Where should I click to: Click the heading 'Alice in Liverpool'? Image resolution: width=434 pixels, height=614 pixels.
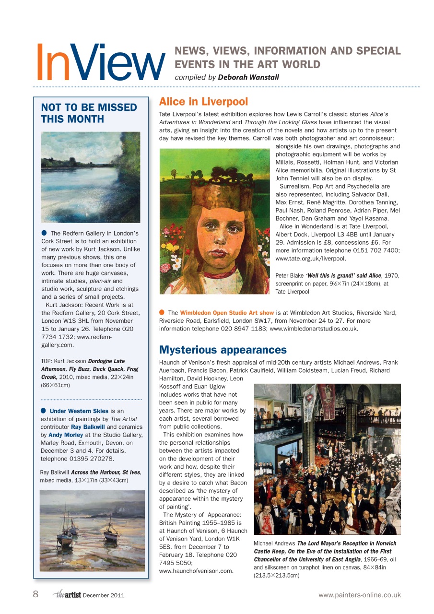(203, 102)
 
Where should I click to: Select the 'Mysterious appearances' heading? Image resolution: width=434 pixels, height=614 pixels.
(223, 350)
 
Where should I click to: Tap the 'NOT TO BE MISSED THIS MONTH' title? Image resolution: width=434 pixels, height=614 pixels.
(89, 113)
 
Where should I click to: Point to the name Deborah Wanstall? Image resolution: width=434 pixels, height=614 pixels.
(248, 77)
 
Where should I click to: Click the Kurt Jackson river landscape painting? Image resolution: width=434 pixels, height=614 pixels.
(91, 177)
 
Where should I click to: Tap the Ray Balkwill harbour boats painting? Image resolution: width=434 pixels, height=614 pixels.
(92, 530)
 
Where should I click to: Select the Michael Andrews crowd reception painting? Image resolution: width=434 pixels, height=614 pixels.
(327, 459)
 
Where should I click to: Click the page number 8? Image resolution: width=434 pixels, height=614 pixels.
(35, 595)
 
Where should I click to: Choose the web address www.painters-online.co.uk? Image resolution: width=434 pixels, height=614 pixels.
(359, 595)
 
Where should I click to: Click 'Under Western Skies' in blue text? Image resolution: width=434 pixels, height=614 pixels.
(79, 411)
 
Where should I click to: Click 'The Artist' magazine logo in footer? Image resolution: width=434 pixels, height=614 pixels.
(67, 595)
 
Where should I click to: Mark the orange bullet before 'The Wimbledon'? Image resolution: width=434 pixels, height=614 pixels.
(162, 313)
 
